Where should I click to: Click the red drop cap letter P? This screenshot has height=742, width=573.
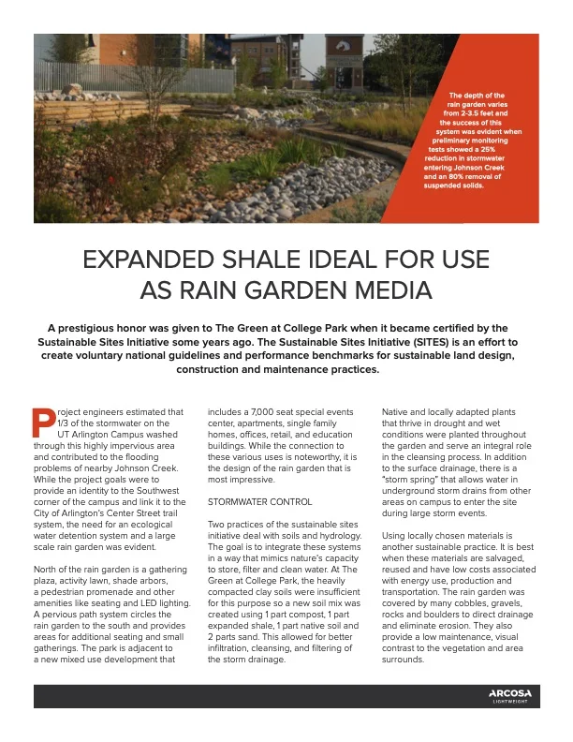pyautogui.click(x=41, y=423)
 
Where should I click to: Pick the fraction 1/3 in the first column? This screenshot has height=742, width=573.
pyautogui.click(x=64, y=423)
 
